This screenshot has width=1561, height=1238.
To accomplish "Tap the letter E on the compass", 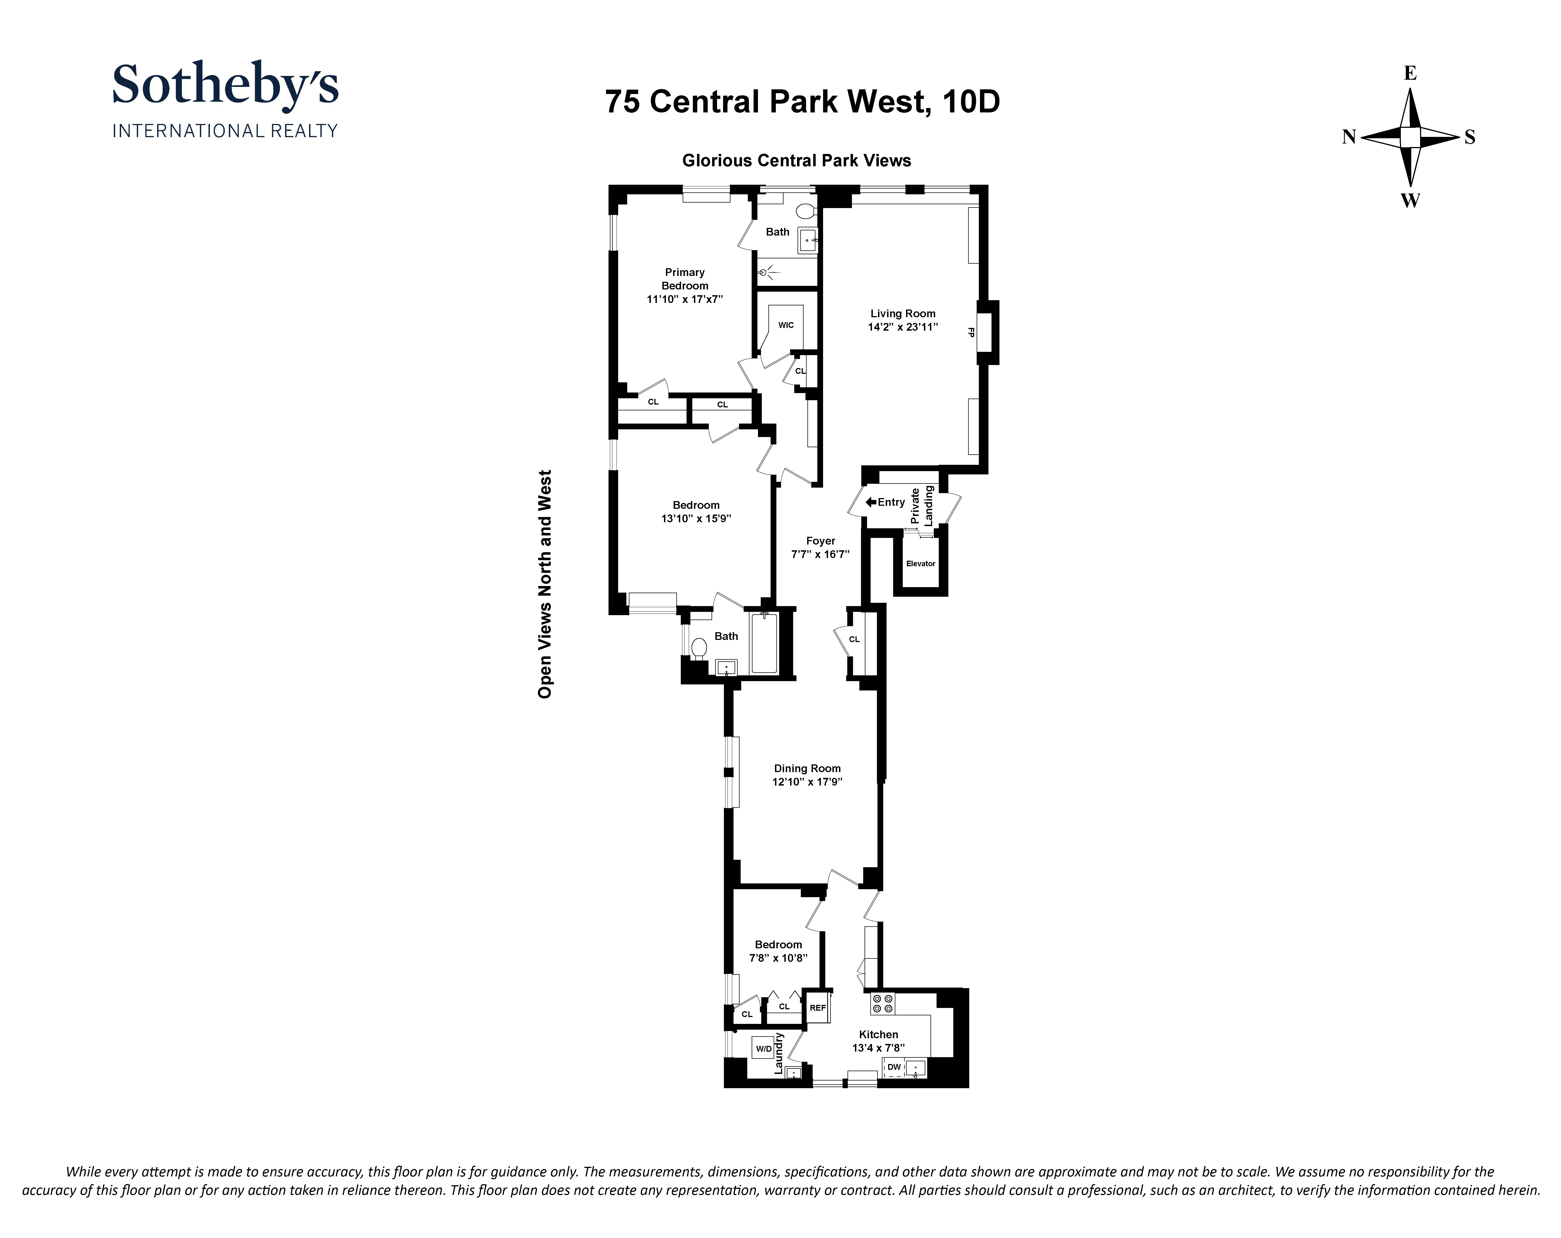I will click(1410, 73).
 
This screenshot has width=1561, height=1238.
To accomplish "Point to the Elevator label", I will click(920, 563).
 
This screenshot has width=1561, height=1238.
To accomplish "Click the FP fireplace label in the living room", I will click(971, 333).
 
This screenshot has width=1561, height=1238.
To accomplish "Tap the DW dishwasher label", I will click(894, 1067).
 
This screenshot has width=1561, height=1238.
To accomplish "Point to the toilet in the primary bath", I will click(805, 212).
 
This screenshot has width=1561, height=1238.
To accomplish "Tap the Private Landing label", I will click(922, 505).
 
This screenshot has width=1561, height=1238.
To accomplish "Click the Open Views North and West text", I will click(545, 584).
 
